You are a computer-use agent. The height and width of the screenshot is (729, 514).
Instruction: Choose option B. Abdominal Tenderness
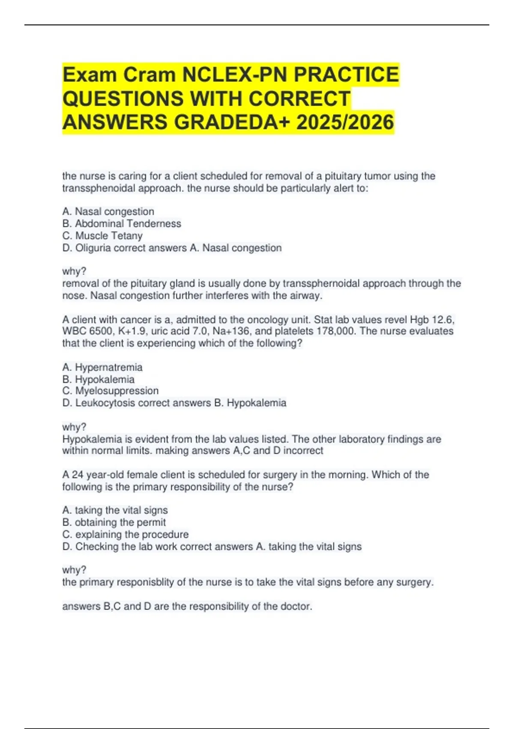[122, 223]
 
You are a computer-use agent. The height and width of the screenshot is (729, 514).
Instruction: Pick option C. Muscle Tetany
[102, 235]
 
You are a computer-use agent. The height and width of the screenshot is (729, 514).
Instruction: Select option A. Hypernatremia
[102, 367]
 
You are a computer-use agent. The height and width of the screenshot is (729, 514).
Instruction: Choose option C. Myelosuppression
[111, 391]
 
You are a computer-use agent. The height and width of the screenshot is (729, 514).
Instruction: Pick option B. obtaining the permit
[114, 522]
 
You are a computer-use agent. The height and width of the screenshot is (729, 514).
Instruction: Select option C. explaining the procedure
[126, 534]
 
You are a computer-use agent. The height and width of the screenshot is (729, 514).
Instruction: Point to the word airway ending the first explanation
[308, 295]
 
